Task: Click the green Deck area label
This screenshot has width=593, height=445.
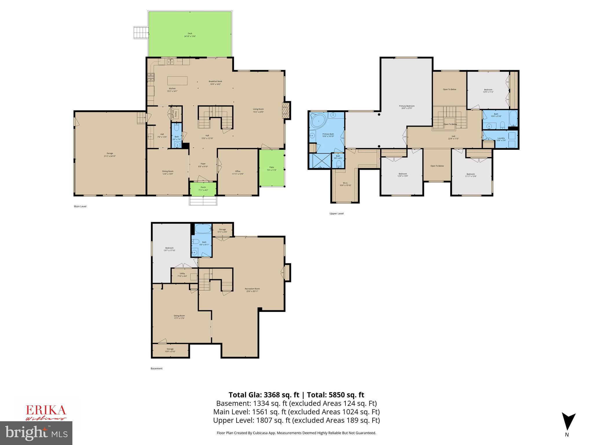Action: pos(190,35)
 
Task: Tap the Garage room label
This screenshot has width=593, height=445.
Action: pos(109,154)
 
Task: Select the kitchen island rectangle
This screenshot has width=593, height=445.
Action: pos(177,80)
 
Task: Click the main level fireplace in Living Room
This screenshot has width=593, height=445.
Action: pos(286,110)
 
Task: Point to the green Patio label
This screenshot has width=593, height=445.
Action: pos(272,168)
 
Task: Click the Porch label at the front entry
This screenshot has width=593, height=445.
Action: pos(203,188)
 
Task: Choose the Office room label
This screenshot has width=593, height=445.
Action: pos(237,172)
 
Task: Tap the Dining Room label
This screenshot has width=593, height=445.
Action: pos(168,172)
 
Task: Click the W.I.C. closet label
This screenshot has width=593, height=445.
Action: pos(345,184)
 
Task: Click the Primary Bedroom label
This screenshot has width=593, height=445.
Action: pos(406,107)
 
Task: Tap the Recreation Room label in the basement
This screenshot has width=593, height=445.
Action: pos(252,290)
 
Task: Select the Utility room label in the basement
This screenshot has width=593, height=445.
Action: pos(182,274)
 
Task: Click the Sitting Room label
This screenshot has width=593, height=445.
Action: pos(179,317)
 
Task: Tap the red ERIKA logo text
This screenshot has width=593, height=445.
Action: pos(46,410)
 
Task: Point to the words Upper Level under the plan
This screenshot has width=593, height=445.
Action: pos(336,214)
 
